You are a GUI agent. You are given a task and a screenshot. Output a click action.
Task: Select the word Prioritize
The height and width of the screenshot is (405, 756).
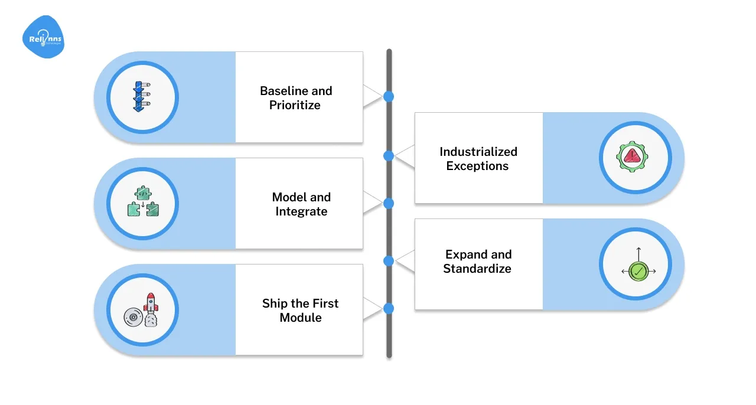pyautogui.click(x=295, y=105)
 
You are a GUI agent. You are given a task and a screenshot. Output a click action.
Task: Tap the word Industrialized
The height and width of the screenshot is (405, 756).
pyautogui.click(x=478, y=152)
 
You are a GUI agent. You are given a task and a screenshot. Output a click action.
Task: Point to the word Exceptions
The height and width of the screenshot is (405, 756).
pyautogui.click(x=477, y=166)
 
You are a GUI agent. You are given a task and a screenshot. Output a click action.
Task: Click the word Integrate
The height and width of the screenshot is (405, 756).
pyautogui.click(x=301, y=211)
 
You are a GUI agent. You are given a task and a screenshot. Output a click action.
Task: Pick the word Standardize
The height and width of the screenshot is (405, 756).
pyautogui.click(x=477, y=269)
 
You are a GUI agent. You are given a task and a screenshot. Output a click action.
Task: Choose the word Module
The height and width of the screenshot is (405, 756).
pyautogui.click(x=301, y=318)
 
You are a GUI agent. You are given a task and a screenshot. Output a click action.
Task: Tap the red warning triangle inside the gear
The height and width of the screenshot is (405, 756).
pyautogui.click(x=632, y=156)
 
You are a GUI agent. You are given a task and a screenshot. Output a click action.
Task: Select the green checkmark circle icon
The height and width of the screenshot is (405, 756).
pyautogui.click(x=638, y=271)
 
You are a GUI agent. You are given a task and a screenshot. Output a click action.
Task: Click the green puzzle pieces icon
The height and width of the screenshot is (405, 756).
pyautogui.click(x=142, y=203)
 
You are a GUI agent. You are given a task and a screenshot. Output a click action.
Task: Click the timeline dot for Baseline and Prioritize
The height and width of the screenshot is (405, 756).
pyautogui.click(x=388, y=96)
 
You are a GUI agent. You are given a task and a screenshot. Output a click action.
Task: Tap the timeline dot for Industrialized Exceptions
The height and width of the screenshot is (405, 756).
pyautogui.click(x=388, y=156)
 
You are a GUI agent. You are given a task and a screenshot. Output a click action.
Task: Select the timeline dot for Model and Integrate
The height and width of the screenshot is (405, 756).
pyautogui.click(x=388, y=203)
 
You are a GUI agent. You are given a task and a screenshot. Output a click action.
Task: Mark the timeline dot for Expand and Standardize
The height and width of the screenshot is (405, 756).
pyautogui.click(x=388, y=260)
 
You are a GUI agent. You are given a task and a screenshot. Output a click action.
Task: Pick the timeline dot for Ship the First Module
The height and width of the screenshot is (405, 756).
pyautogui.click(x=388, y=308)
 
